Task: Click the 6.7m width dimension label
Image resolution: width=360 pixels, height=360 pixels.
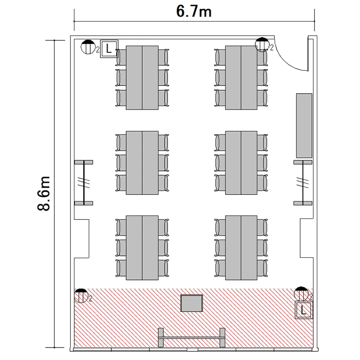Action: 194,12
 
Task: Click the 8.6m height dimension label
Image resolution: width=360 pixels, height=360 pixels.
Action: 44,193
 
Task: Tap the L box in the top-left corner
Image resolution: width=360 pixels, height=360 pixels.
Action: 109,48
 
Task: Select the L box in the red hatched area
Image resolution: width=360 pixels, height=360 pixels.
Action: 304,310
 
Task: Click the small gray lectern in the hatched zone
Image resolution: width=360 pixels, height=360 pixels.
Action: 192,303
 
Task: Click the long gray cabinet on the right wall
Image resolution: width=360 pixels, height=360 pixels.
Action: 304,126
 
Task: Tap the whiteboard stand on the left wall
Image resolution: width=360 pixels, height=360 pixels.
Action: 84,183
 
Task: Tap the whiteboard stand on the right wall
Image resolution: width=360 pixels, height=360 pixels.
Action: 303,183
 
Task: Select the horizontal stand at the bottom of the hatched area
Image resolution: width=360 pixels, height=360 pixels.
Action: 192,337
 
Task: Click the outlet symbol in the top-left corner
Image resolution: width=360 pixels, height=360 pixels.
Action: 88,47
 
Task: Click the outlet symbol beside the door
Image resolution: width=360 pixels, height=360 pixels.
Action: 262,44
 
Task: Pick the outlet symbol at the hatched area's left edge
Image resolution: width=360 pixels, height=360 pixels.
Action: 81,296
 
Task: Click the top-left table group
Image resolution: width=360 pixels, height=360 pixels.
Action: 142,78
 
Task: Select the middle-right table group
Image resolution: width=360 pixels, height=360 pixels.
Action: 241,163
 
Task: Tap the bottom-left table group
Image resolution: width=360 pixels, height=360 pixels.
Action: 142,248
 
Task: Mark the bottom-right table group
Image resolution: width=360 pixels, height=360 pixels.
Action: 241,248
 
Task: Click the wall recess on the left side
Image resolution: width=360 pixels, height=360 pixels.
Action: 82,239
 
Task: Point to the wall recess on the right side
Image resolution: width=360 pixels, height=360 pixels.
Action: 307,238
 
